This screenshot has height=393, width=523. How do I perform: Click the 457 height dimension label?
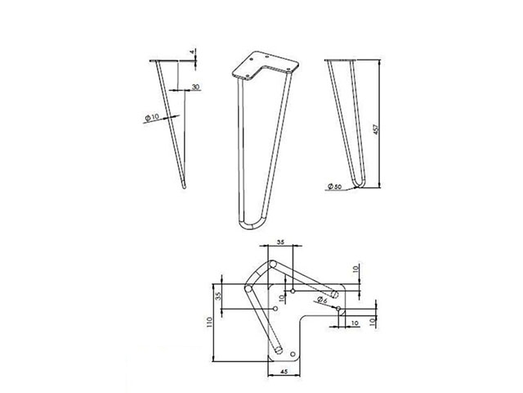pos(376,129)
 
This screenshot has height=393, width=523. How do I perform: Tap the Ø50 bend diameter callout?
pos(334,187)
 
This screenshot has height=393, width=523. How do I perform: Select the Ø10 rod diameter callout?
pos(152,117)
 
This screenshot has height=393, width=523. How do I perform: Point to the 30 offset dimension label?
pos(195,87)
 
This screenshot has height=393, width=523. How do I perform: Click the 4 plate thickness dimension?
pos(191,52)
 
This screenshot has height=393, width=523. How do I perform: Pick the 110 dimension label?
pos(209,322)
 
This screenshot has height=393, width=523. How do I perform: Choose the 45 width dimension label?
pos(284,371)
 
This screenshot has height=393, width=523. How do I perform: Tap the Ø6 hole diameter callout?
pos(322,300)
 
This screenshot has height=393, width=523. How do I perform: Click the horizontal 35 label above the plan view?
pos(280,242)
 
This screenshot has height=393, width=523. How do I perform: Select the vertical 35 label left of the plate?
pos(218,296)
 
